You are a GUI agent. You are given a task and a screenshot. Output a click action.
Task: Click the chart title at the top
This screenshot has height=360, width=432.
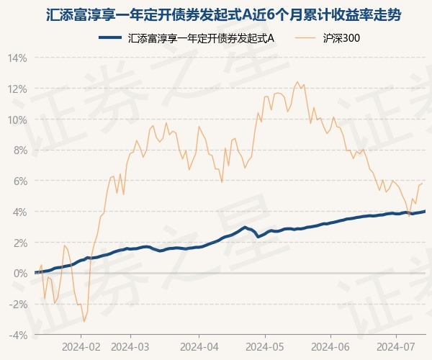pyautogui.click(x=215, y=14)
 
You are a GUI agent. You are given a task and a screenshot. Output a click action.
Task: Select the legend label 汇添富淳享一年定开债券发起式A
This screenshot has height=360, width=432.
pyautogui.click(x=201, y=39)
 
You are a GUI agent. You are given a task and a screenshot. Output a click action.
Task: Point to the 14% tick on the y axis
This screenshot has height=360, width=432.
pyautogui.click(x=18, y=58)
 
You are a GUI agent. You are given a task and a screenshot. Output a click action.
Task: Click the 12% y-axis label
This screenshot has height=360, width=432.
pyautogui.click(x=18, y=89)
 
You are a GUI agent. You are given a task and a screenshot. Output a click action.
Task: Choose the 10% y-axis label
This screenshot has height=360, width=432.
pyautogui.click(x=18, y=120)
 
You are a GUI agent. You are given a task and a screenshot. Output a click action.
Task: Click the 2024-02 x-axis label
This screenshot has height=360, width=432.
pyautogui.click(x=81, y=346)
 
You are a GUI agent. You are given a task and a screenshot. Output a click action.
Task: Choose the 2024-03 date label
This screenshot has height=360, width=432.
pyautogui.click(x=130, y=346)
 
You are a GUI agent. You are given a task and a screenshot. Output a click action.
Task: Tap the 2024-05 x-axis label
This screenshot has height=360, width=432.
pyautogui.click(x=265, y=346)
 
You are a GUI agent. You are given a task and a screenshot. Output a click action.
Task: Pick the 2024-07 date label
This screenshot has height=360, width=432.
pyautogui.click(x=397, y=346)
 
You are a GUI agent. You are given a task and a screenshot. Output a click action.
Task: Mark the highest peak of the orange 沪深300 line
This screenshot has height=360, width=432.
pyautogui.click(x=297, y=83)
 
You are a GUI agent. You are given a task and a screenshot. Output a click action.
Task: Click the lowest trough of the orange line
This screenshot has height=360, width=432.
pyautogui.click(x=84, y=321)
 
